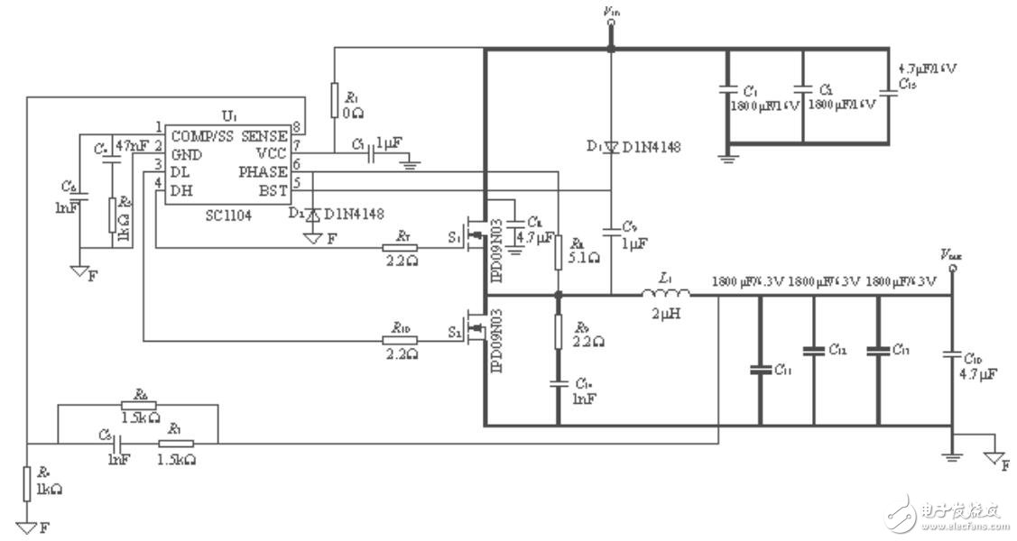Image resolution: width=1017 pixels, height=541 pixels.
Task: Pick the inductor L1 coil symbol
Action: click(666, 293)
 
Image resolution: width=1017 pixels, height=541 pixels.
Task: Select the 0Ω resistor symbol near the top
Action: click(334, 96)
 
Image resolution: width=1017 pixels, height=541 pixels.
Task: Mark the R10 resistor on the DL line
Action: click(400, 341)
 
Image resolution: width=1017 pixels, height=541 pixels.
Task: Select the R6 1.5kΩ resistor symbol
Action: click(138, 406)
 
